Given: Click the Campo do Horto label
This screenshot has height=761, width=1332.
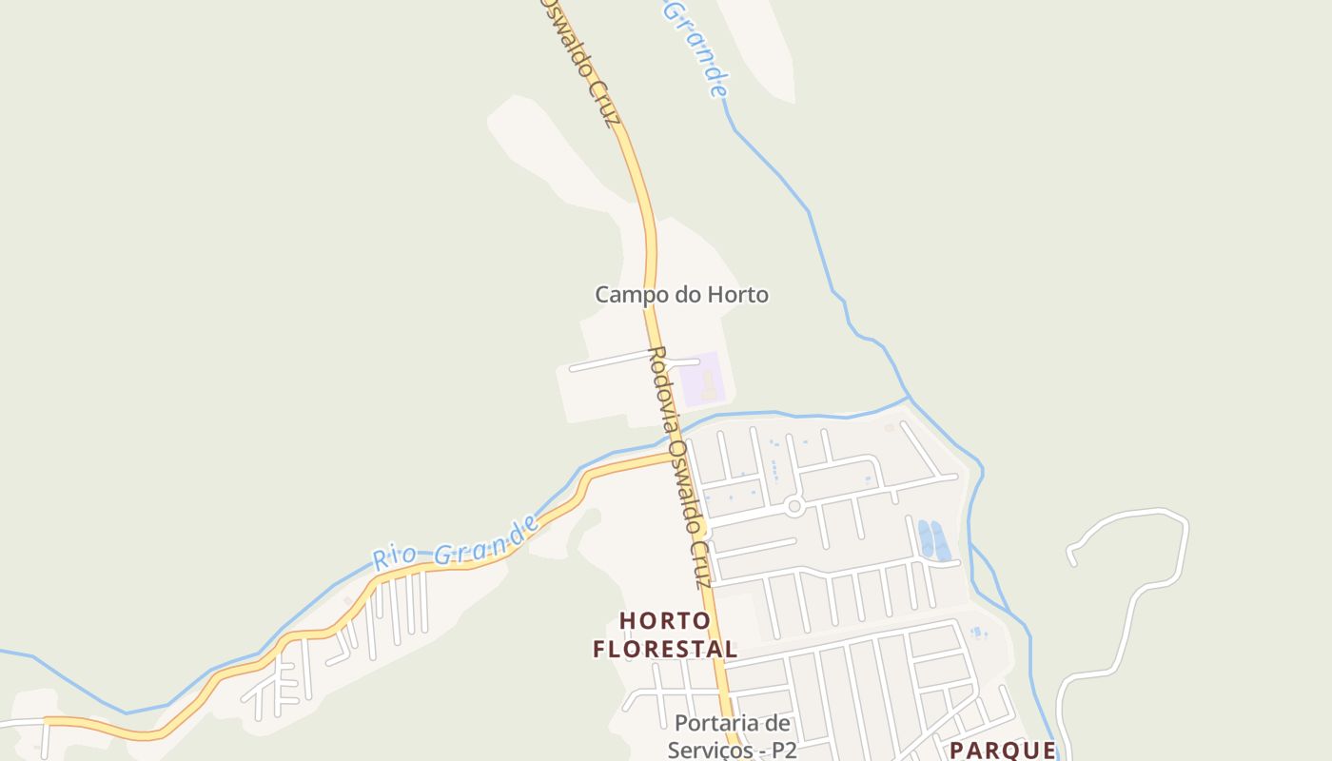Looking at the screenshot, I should pyautogui.click(x=681, y=295).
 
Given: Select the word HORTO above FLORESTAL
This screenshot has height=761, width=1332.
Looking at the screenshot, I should pyautogui.click(x=665, y=621).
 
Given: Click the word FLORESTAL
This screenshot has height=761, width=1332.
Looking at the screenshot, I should pyautogui.click(x=665, y=650).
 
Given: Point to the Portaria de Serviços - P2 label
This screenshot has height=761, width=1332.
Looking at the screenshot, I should pyautogui.click(x=732, y=736).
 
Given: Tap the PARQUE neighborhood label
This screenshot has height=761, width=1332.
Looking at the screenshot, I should pyautogui.click(x=1002, y=750).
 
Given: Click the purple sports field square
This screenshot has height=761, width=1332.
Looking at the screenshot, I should pyautogui.click(x=703, y=378).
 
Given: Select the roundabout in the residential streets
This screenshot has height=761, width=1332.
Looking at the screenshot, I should pyautogui.click(x=794, y=507).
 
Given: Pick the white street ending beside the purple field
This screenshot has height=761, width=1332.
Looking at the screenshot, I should pyautogui.click(x=697, y=361).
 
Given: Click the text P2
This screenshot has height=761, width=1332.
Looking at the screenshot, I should pyautogui.click(x=783, y=750).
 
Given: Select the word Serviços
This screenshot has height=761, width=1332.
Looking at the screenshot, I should pyautogui.click(x=709, y=750).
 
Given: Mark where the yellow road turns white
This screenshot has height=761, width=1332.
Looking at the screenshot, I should pyautogui.click(x=45, y=723).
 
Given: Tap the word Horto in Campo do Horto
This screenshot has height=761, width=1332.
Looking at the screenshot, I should pyautogui.click(x=736, y=295).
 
